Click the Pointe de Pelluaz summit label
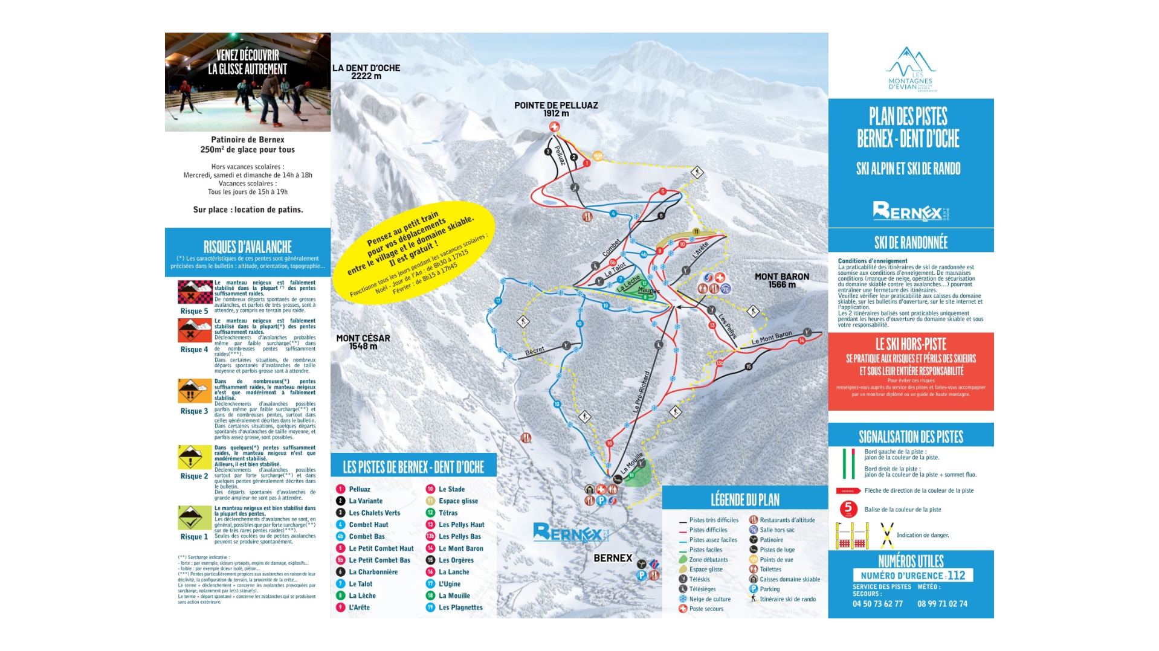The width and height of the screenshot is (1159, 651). tap(556, 109)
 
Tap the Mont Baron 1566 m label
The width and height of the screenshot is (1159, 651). tap(781, 280)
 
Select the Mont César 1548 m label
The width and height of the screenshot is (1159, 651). tap(363, 342)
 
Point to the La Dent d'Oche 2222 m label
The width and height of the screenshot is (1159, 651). tap(366, 72)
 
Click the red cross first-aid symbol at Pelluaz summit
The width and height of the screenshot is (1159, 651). tap(554, 127)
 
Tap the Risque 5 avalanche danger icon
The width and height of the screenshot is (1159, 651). tap(195, 292)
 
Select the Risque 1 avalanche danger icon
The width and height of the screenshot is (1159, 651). tap(195, 518)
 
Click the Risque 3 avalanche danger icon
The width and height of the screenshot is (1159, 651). tap(195, 391)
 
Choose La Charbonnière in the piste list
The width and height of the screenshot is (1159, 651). tap(373, 572)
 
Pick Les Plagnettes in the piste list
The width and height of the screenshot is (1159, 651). tap(460, 608)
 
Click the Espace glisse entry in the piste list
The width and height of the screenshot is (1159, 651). tap(457, 501)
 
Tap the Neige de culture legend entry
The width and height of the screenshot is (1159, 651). tap(709, 599)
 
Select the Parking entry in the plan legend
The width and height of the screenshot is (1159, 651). tap(769, 589)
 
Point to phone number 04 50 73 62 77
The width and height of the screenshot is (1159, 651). tap(877, 604)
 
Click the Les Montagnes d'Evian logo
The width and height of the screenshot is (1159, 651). tap(911, 69)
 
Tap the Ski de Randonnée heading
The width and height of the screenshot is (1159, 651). tap(911, 243)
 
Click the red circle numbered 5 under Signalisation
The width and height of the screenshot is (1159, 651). tap(848, 509)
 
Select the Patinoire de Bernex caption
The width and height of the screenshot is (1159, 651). tap(248, 139)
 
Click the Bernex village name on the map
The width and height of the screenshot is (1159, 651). tap(613, 558)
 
